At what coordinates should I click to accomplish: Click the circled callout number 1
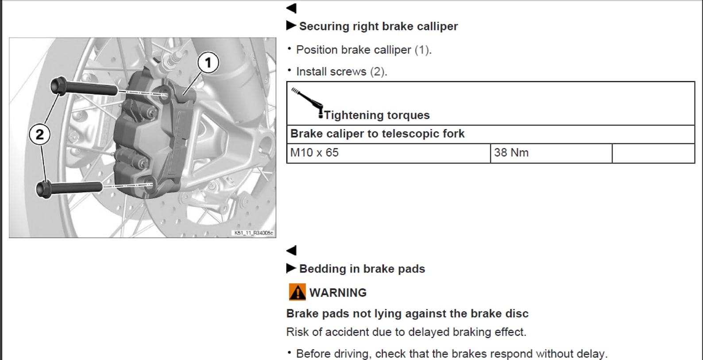click(208, 63)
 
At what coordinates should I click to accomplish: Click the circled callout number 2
click(39, 134)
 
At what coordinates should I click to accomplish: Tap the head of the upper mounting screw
click(58, 85)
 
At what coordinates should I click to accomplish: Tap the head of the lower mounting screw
click(44, 189)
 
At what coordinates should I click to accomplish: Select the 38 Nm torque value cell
click(551, 153)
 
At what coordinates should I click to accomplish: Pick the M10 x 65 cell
click(389, 153)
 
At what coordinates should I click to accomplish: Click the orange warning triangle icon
click(297, 292)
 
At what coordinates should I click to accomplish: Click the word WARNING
click(338, 293)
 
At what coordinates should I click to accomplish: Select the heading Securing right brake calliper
click(379, 27)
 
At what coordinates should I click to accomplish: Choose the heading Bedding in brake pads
click(362, 269)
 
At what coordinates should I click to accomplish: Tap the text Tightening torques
click(377, 115)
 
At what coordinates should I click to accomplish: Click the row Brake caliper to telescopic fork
click(377, 134)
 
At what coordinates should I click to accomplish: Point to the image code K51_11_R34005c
click(254, 233)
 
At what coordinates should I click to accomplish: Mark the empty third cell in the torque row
click(653, 153)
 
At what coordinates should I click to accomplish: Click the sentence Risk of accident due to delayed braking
click(406, 332)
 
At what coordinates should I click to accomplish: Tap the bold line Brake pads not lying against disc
click(407, 313)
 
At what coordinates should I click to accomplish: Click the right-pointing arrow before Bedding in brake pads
click(291, 268)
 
